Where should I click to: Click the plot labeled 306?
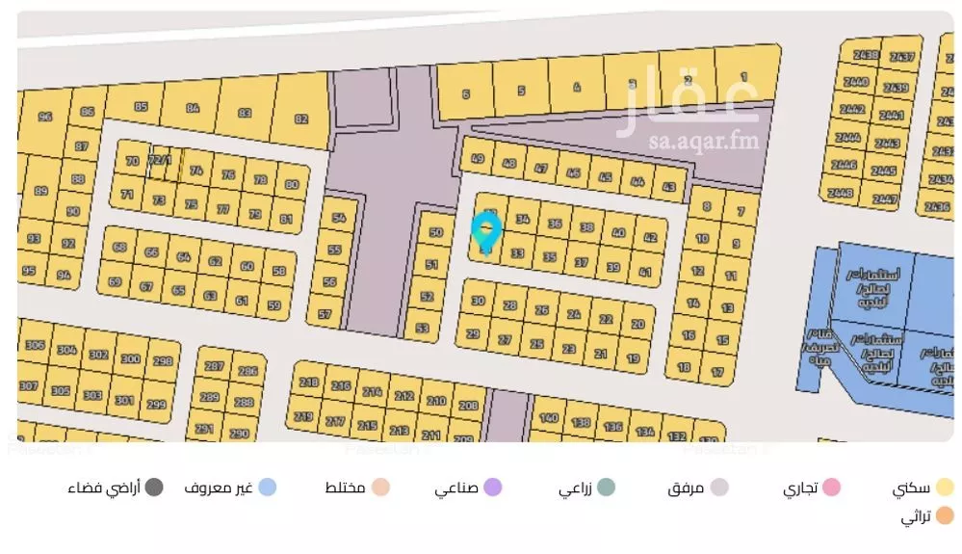click(x=36, y=346)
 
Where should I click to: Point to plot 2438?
click(x=867, y=56)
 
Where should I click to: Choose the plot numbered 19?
click(x=633, y=358)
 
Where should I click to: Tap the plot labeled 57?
click(x=325, y=314)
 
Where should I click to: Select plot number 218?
click(x=308, y=383)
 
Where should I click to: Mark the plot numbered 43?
click(x=669, y=187)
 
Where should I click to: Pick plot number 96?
click(x=44, y=118)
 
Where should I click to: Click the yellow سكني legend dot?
click(x=945, y=488)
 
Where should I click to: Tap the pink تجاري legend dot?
click(x=831, y=488)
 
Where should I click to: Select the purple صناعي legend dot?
click(x=493, y=488)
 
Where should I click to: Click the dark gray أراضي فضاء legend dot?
click(x=154, y=488)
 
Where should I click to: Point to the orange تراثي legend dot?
click(x=945, y=517)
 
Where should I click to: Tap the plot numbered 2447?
click(x=884, y=199)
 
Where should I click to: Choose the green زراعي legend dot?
click(x=607, y=488)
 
